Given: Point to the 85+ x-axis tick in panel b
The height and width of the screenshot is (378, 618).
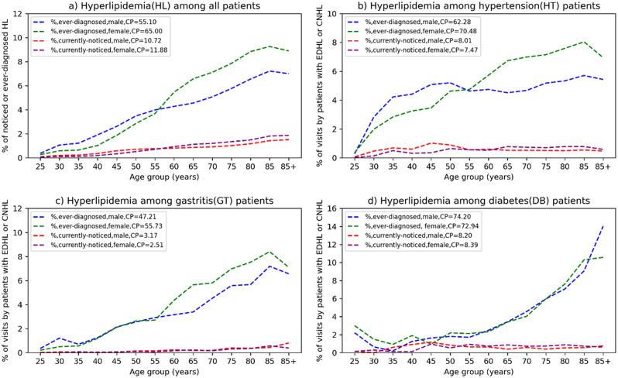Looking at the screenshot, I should click(x=606, y=166).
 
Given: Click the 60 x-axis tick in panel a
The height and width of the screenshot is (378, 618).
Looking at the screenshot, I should click(x=177, y=166).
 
